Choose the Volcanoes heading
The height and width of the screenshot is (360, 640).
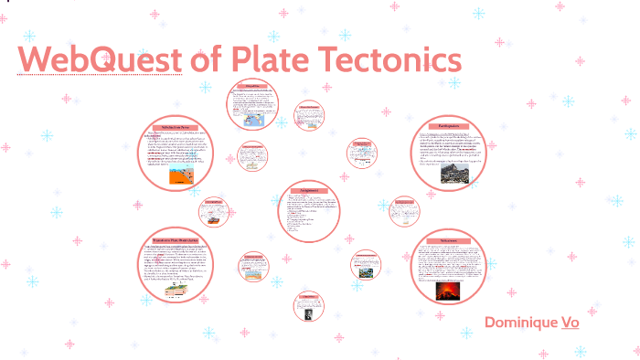tap(448, 239)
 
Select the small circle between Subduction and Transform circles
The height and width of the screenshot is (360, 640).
tap(214, 211)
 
